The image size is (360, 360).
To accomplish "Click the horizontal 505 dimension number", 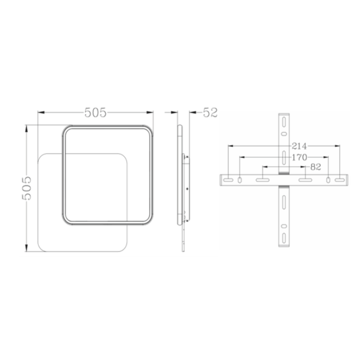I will (95, 113).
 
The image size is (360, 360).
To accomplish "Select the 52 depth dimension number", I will (210, 113).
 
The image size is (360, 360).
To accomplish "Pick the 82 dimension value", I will (316, 167).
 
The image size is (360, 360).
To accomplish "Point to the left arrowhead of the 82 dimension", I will (264, 167).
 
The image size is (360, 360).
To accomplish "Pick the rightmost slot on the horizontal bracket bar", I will (340, 180).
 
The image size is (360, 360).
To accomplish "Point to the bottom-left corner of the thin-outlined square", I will (40, 248).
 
